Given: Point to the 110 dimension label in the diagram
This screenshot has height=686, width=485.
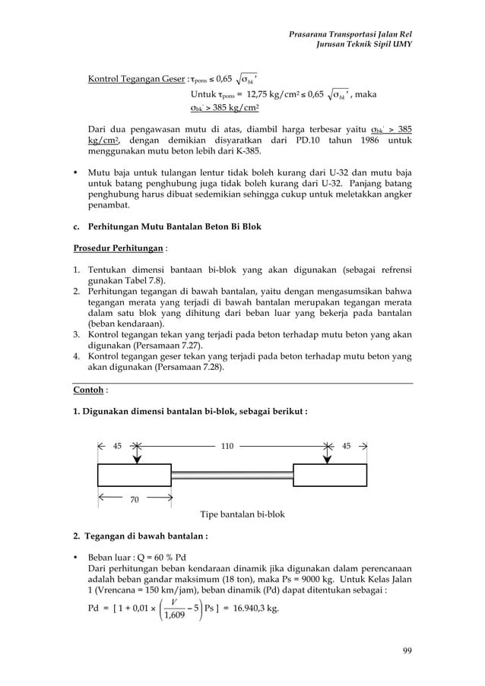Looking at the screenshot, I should [227, 446].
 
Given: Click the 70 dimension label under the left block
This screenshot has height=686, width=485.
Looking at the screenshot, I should [135, 499].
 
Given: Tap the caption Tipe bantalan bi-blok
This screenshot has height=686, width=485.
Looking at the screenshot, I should [242, 514].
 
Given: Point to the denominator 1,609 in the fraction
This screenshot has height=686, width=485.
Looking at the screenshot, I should [176, 615].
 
